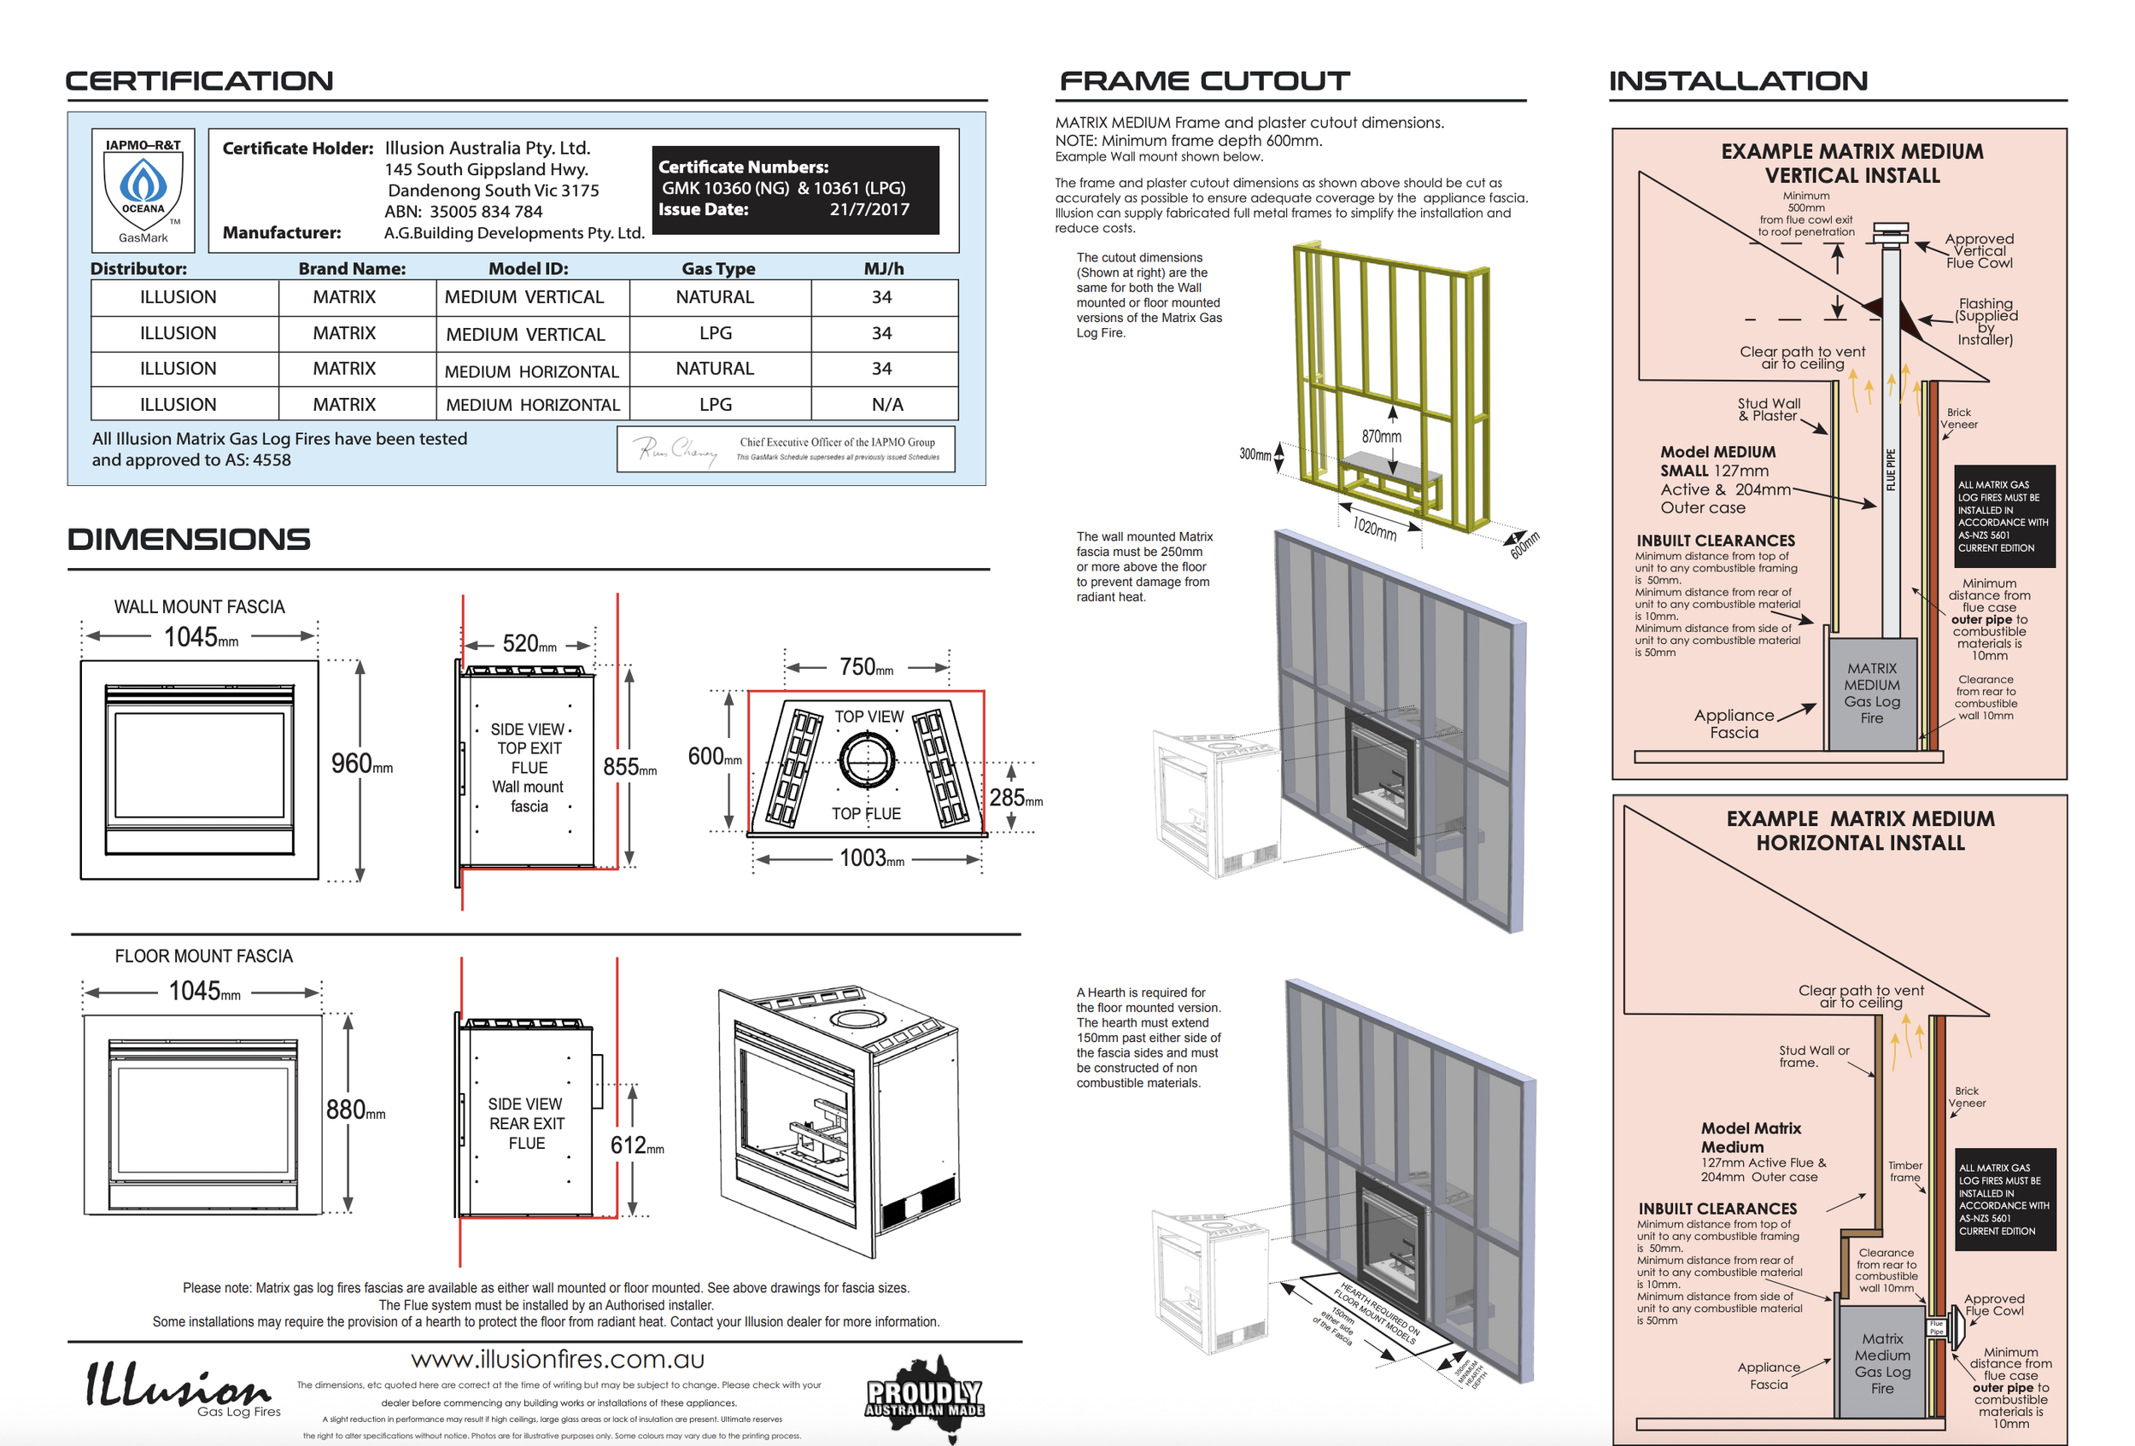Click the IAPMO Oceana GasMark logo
(143, 190)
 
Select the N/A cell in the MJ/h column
(886, 404)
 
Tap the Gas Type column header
(717, 268)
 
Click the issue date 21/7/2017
(869, 209)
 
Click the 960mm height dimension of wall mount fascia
(361, 764)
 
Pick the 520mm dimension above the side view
(529, 644)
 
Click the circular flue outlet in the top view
(865, 761)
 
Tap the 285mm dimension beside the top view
(1015, 799)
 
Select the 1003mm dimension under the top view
(871, 859)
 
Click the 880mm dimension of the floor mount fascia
(354, 1110)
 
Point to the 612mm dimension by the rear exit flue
(635, 1145)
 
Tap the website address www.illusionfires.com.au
(557, 1360)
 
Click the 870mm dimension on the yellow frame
(1381, 436)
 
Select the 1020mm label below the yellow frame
(1374, 528)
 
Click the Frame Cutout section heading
(1203, 81)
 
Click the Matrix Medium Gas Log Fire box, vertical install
(1870, 694)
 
